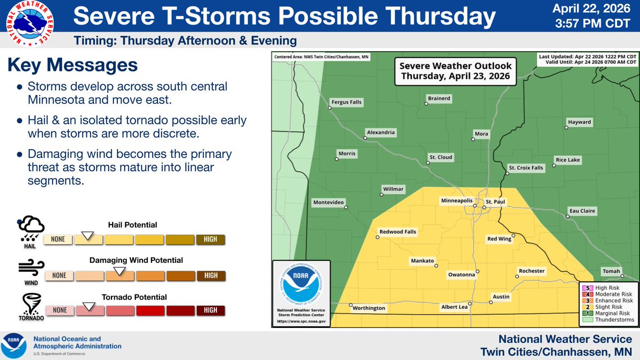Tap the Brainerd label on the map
[439, 99]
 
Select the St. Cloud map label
[441, 157]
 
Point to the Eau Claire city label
[581, 211]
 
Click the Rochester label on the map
[532, 271]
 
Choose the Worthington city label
[368, 308]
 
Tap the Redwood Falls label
[397, 232]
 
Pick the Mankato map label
[423, 261]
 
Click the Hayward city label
[580, 122]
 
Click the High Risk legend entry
[606, 287]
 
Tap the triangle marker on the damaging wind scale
[120, 271]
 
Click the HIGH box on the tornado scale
[211, 310]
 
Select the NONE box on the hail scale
[58, 239]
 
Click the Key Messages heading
[73, 66]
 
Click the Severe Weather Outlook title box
[456, 71]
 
